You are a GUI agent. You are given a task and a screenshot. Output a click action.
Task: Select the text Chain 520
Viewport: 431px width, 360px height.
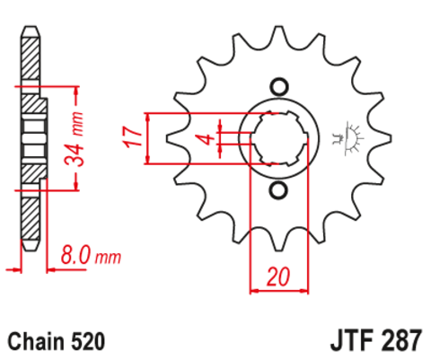57,342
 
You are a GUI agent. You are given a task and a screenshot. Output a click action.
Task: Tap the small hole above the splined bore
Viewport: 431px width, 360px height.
277,87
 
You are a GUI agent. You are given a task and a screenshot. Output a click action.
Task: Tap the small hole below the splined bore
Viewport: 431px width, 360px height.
277,190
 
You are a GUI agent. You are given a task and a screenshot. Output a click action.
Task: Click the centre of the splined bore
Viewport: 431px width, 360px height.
277,139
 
